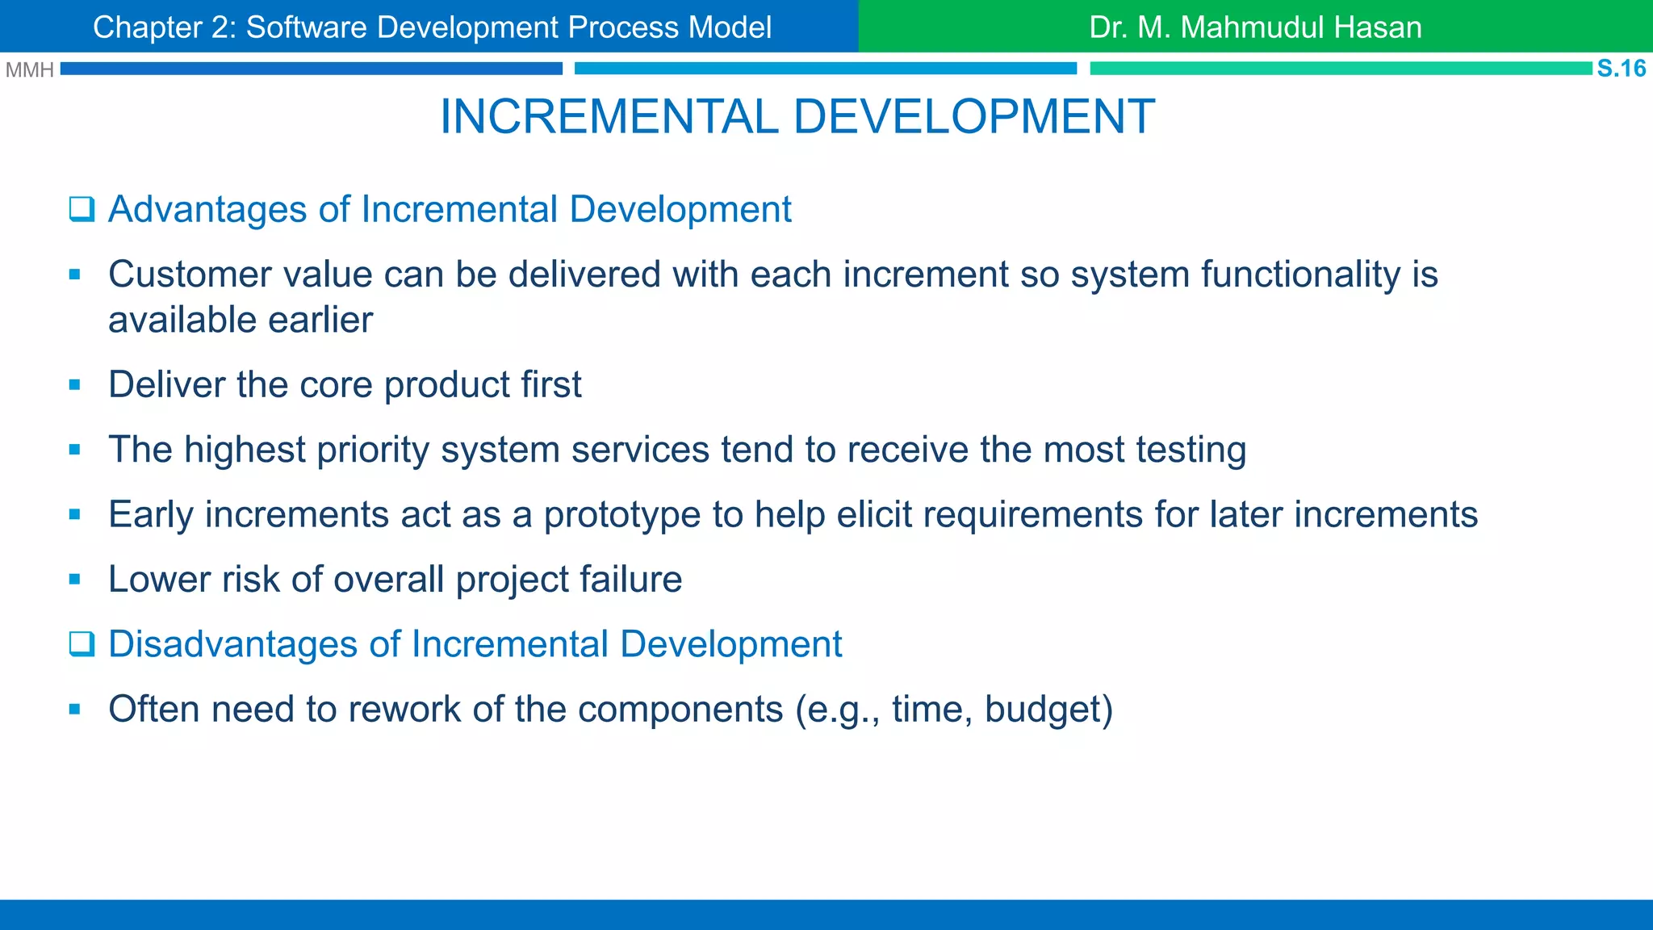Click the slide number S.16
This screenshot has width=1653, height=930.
(1621, 69)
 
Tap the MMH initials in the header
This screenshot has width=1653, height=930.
(29, 70)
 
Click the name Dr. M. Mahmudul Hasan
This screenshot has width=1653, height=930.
(1255, 27)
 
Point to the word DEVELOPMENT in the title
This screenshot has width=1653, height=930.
(974, 117)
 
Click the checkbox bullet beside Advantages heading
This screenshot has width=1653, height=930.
(82, 210)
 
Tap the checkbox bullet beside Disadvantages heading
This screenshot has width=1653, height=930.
(82, 644)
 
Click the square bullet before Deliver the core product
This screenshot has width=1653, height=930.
(75, 385)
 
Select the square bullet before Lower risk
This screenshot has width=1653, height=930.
(75, 580)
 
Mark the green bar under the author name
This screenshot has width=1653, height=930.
(1340, 69)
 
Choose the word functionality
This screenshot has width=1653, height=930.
(1300, 274)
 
